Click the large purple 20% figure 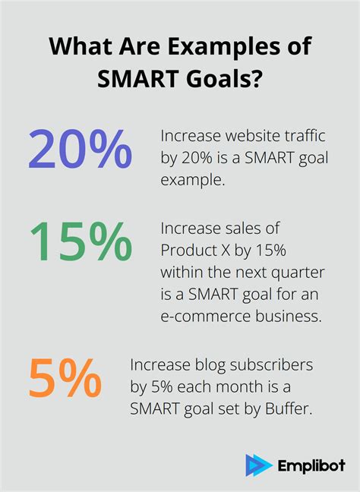click(81, 149)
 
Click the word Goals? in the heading click(220, 78)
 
